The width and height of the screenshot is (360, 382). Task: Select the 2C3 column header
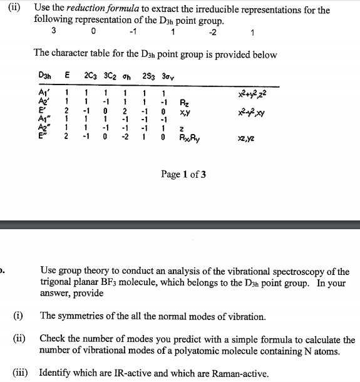click(90, 78)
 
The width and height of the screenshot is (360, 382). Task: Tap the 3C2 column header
click(110, 78)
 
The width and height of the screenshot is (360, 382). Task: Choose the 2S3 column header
click(147, 78)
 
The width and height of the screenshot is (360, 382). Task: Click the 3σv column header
click(165, 78)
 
